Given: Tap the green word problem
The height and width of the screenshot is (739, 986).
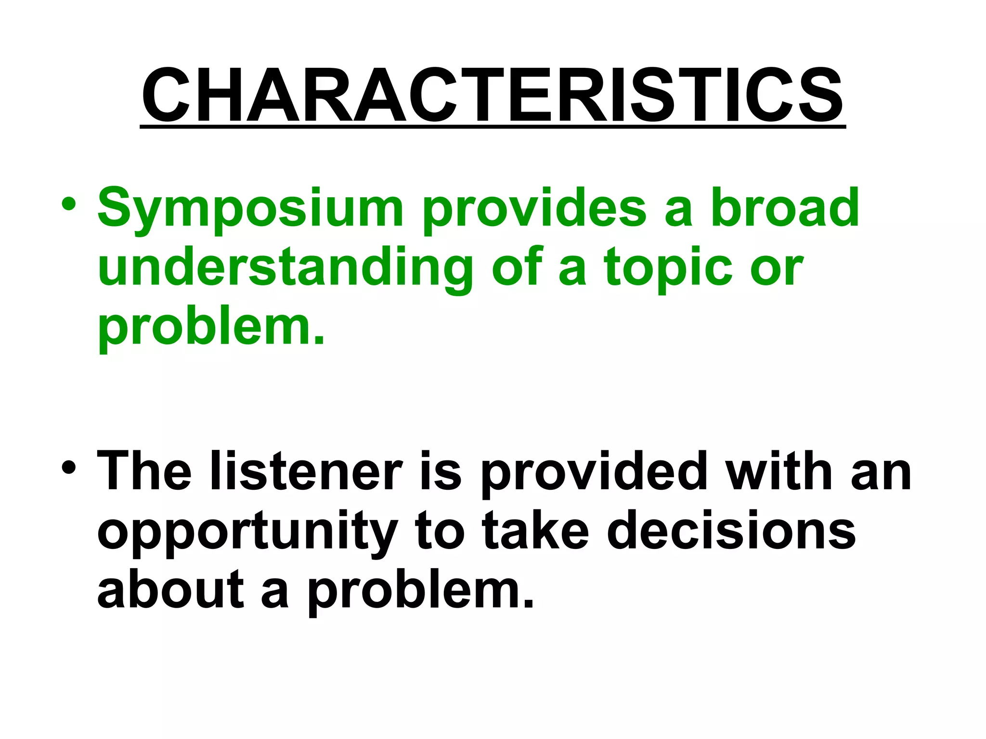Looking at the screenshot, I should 211,327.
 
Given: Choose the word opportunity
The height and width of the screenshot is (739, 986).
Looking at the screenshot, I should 248,532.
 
